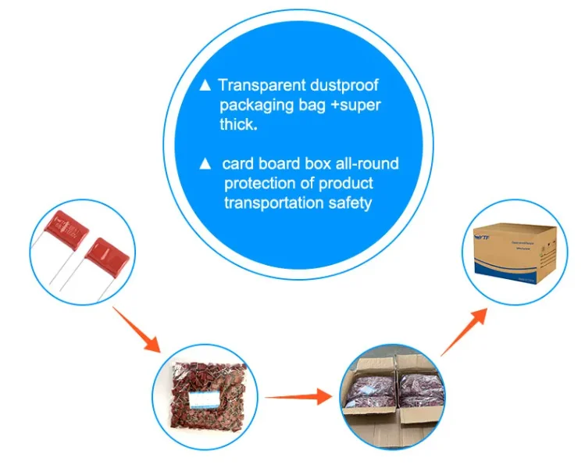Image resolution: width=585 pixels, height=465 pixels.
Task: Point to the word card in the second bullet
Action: [x=239, y=163]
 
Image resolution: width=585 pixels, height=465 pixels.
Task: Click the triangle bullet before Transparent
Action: [x=206, y=85]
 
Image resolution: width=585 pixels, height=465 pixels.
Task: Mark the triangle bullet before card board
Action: [x=206, y=163]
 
